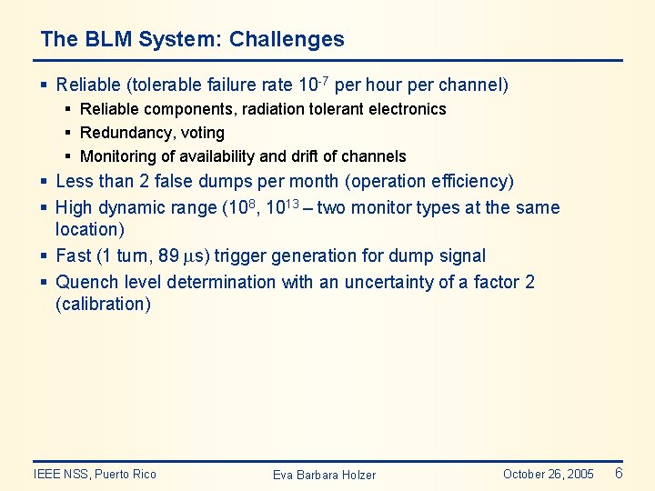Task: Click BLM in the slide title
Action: (x=103, y=39)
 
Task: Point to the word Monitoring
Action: (x=117, y=156)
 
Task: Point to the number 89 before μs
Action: (x=170, y=256)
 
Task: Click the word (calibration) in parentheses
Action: (x=103, y=305)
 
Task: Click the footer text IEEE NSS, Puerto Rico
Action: (x=95, y=474)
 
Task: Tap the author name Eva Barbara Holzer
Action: (x=324, y=475)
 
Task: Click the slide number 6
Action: (x=619, y=473)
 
